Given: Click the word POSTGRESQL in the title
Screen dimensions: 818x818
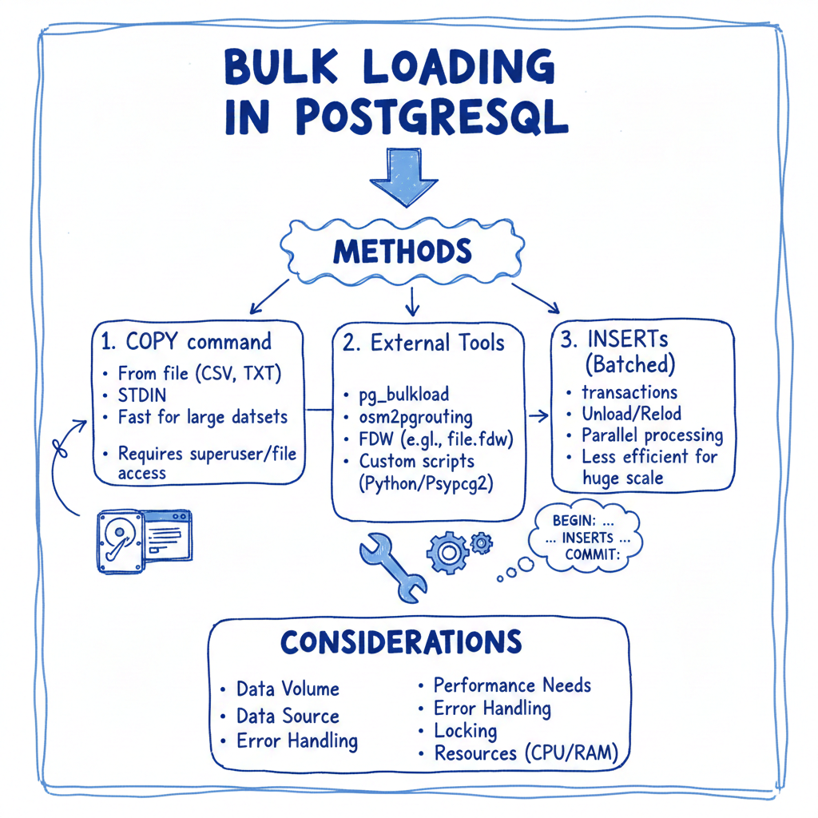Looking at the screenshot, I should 431,117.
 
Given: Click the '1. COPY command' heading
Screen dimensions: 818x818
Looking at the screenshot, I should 186,342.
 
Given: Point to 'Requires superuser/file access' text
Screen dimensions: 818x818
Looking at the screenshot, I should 206,463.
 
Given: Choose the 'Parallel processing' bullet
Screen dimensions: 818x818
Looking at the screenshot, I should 651,435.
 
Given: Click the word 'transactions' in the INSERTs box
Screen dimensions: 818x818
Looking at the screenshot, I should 629,392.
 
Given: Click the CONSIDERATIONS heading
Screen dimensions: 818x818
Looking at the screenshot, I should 401,641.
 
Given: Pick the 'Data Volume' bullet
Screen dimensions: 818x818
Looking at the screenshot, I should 287,689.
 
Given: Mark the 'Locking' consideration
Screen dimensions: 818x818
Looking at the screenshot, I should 465,730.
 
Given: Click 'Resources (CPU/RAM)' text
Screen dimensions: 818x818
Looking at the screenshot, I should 526,753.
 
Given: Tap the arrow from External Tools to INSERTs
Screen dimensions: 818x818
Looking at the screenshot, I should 538,415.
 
